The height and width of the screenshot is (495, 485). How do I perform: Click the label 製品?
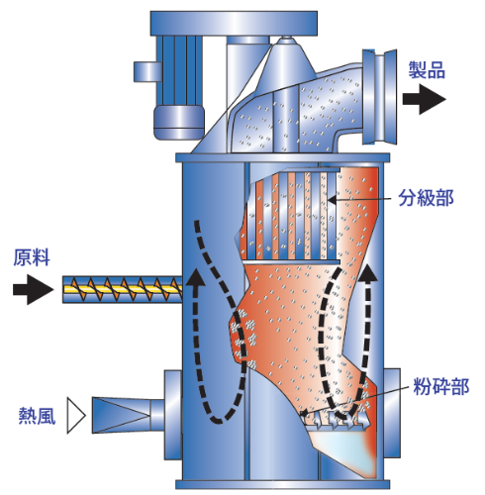tap(427, 69)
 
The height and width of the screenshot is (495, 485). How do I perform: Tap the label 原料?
tap(32, 257)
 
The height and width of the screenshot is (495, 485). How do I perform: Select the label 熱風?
tap(37, 415)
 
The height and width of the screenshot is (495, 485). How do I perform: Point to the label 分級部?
tap(426, 198)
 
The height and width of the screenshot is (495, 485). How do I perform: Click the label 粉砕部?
tap(441, 386)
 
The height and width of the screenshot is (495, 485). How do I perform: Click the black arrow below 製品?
tap(425, 99)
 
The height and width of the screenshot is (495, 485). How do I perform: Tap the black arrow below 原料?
tap(33, 289)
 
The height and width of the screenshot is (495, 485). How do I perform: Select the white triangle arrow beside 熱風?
tap(76, 415)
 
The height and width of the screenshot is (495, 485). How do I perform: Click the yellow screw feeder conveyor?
tap(122, 289)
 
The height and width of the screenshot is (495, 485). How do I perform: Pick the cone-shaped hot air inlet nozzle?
tap(122, 415)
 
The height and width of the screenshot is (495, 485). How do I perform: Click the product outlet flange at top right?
tap(379, 97)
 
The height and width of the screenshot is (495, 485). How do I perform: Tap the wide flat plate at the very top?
tap(234, 23)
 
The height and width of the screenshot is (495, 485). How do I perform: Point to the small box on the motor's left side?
tap(147, 71)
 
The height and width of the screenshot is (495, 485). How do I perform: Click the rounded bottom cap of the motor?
tap(179, 122)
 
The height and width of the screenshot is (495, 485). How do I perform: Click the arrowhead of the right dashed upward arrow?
tap(367, 272)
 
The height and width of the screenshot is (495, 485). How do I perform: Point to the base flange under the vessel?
tap(282, 484)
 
